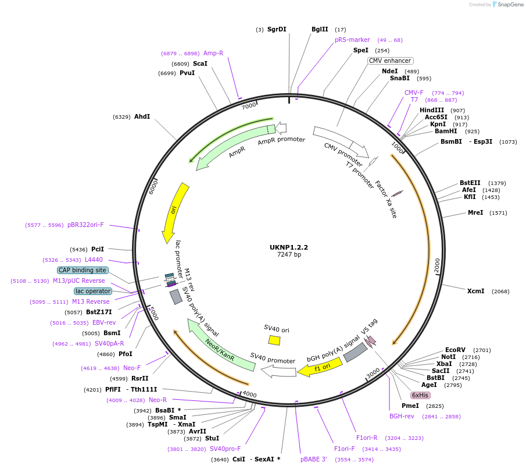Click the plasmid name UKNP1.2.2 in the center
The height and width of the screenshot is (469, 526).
pos(289,247)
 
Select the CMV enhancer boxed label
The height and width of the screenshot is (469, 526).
pos(390,61)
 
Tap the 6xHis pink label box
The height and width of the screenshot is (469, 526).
pos(420,395)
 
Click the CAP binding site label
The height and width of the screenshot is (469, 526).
pos(83,270)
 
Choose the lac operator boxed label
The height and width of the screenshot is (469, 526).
pos(93,291)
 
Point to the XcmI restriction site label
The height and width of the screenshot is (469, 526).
pos(475,291)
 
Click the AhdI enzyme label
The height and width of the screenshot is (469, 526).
pos(142,116)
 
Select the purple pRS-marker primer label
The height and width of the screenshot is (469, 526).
pos(352,40)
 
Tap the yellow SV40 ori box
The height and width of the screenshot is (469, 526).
pos(274,340)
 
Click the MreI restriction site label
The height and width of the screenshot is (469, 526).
pos(475,212)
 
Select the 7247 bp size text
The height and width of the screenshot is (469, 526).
pos(289,254)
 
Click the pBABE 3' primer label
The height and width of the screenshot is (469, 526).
pos(313,459)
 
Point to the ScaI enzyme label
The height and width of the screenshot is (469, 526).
pos(200,63)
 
